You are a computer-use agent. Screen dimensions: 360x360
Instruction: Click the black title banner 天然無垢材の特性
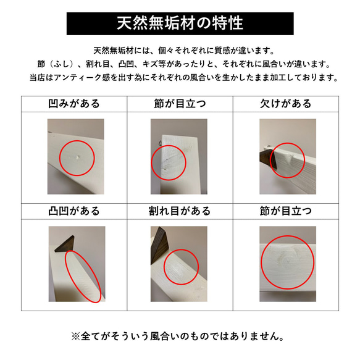click(180, 23)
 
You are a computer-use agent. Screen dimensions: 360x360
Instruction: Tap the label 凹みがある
click(74, 104)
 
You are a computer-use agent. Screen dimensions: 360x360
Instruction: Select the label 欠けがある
click(286, 104)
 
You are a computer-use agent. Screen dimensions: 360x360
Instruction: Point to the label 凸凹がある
click(74, 211)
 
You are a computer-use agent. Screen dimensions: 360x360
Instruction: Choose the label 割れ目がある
click(180, 211)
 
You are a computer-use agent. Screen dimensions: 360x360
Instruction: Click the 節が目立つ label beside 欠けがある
click(180, 104)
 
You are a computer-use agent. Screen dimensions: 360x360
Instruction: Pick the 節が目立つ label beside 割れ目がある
click(286, 211)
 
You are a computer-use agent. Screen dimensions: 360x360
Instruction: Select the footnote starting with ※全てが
click(180, 337)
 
